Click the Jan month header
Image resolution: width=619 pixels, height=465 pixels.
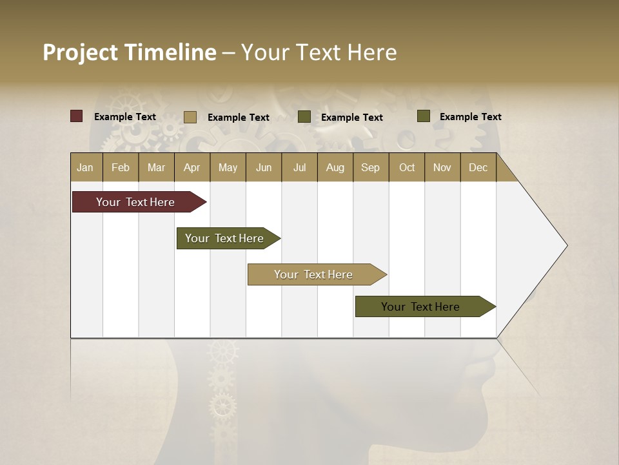[x=85, y=167]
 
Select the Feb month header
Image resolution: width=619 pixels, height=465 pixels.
[x=121, y=167]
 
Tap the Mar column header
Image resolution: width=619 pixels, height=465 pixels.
[x=156, y=167]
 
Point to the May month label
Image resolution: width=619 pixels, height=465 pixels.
[x=228, y=167]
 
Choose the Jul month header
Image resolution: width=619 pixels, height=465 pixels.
[x=299, y=167]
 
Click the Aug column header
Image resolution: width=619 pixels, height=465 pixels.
[x=335, y=167]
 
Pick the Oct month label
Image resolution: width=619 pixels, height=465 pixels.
[x=407, y=167]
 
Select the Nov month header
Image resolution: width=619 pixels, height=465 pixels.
[x=442, y=167]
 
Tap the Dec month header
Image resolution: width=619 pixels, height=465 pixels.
[x=478, y=167]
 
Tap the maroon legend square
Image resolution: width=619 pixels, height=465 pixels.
[x=77, y=116]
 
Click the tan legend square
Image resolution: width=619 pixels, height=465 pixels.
[x=190, y=117]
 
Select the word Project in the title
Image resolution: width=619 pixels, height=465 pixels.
[x=81, y=52]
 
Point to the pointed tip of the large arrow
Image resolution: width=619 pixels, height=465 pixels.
[x=565, y=245]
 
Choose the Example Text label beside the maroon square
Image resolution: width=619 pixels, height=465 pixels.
[x=125, y=117]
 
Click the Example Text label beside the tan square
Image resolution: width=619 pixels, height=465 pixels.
[x=239, y=118]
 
